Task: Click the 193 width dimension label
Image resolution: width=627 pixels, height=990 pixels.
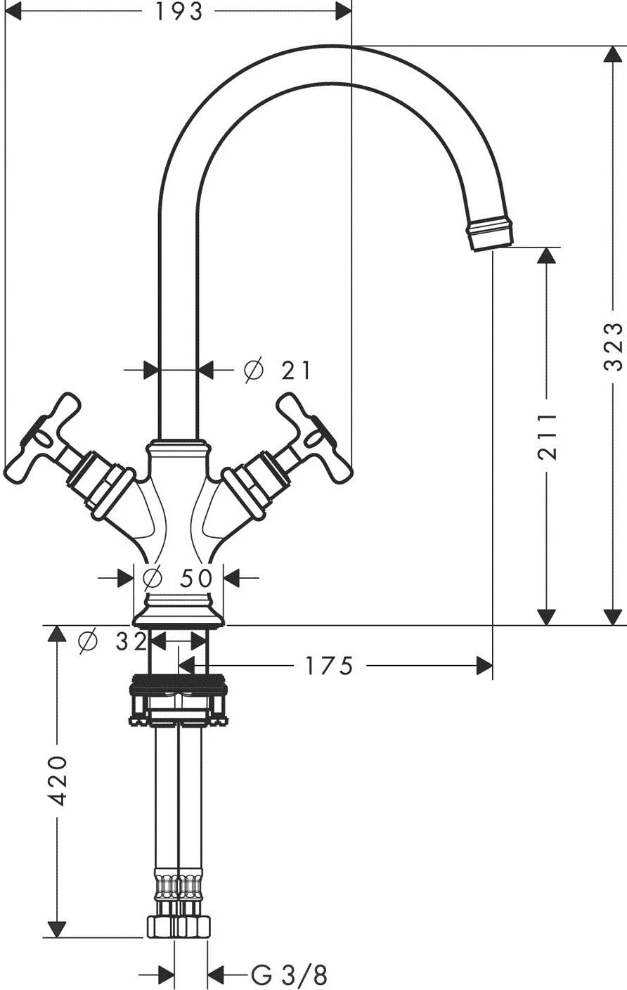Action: click(x=179, y=11)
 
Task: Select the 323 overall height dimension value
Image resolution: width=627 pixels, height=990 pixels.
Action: click(x=614, y=347)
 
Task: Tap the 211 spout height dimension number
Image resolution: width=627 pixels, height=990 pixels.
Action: click(x=548, y=437)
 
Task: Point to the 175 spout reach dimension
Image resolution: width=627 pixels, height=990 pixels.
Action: click(x=329, y=665)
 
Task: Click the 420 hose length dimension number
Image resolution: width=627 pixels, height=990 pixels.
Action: click(x=58, y=780)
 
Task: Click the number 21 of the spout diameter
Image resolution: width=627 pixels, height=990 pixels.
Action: click(x=296, y=371)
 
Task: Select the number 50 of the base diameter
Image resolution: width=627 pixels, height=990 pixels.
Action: click(x=196, y=578)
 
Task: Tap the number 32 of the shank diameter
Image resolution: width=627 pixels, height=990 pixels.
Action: click(x=131, y=641)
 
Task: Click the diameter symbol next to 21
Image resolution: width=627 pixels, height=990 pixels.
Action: click(x=254, y=369)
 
